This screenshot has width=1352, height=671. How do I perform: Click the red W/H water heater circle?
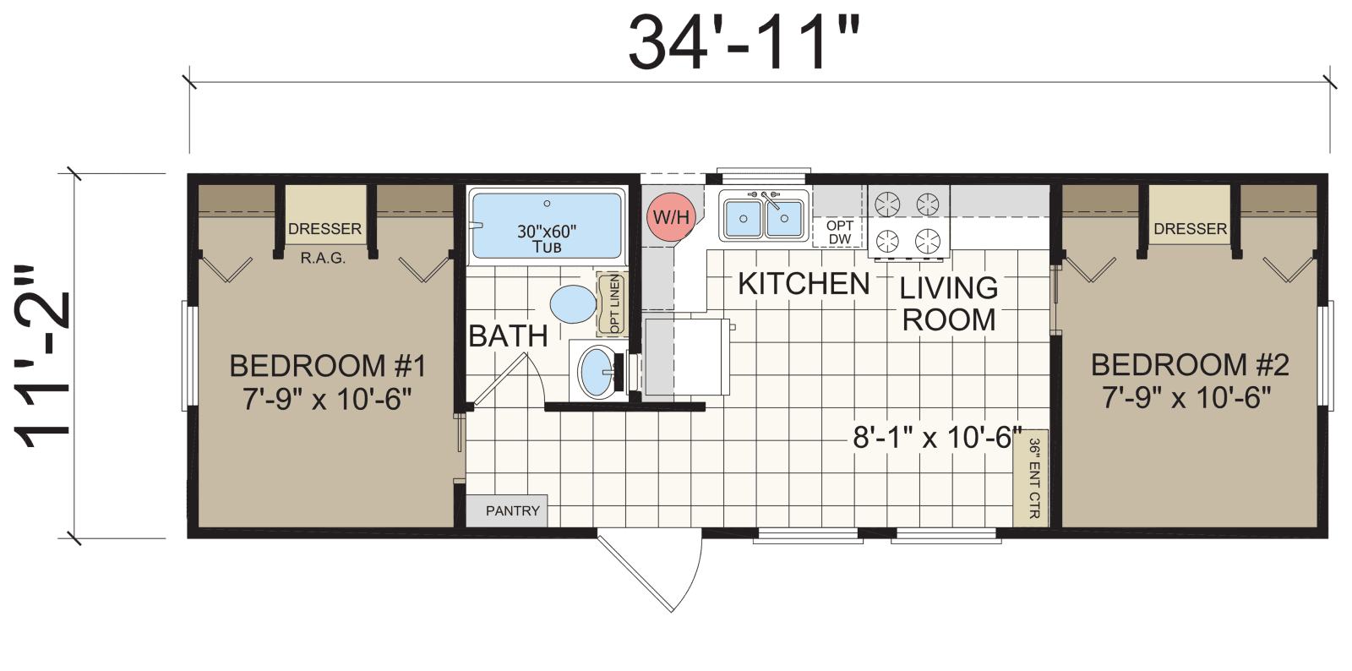click(x=671, y=216)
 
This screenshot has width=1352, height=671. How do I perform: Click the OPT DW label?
click(x=839, y=232)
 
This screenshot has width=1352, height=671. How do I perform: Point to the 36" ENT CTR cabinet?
click(x=1032, y=478)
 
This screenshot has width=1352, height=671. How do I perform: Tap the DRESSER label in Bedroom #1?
click(x=324, y=228)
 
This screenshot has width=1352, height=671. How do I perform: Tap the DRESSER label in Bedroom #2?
click(x=1190, y=228)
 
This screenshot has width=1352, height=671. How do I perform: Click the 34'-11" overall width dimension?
click(x=744, y=42)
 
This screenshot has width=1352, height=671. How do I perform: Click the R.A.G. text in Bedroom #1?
click(x=323, y=258)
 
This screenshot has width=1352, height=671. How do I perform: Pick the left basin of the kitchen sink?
click(x=743, y=218)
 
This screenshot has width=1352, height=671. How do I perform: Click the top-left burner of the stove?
click(x=887, y=204)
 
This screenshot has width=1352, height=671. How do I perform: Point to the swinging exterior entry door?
click(x=651, y=570)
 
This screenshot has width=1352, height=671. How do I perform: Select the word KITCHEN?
click(x=804, y=284)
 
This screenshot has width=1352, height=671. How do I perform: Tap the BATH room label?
click(x=508, y=335)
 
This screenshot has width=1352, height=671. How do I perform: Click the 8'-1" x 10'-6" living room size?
click(x=936, y=437)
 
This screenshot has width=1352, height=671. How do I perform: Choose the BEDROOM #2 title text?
click(x=1190, y=364)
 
